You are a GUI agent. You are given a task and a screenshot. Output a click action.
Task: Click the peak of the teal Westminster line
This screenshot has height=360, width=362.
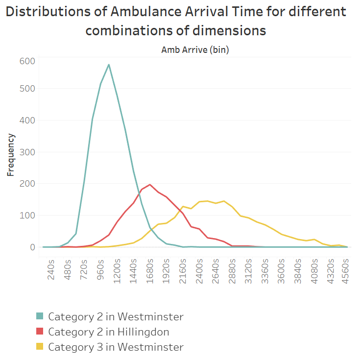(109, 65)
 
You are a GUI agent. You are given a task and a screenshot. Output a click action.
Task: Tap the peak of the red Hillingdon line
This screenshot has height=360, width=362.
(149, 185)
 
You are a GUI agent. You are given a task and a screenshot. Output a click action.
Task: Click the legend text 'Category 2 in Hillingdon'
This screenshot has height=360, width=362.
(108, 332)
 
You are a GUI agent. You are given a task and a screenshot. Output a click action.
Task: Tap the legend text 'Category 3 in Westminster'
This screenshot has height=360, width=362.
(116, 347)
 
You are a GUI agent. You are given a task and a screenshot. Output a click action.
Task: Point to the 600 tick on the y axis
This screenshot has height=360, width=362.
(27, 61)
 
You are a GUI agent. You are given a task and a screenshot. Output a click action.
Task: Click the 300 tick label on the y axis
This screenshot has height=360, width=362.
(27, 152)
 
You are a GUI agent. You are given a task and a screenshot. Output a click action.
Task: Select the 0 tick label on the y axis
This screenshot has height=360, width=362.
(32, 247)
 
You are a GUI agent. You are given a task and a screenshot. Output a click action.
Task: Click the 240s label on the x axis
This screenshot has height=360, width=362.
(52, 269)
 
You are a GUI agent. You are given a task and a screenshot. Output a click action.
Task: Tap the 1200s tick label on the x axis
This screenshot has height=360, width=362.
(117, 269)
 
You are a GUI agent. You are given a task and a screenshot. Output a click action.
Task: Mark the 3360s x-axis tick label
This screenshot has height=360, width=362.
(265, 269)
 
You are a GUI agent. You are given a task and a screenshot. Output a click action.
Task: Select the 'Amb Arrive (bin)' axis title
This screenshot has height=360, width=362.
(195, 49)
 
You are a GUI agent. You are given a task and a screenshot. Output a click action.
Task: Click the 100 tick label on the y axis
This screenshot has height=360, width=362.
(27, 215)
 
